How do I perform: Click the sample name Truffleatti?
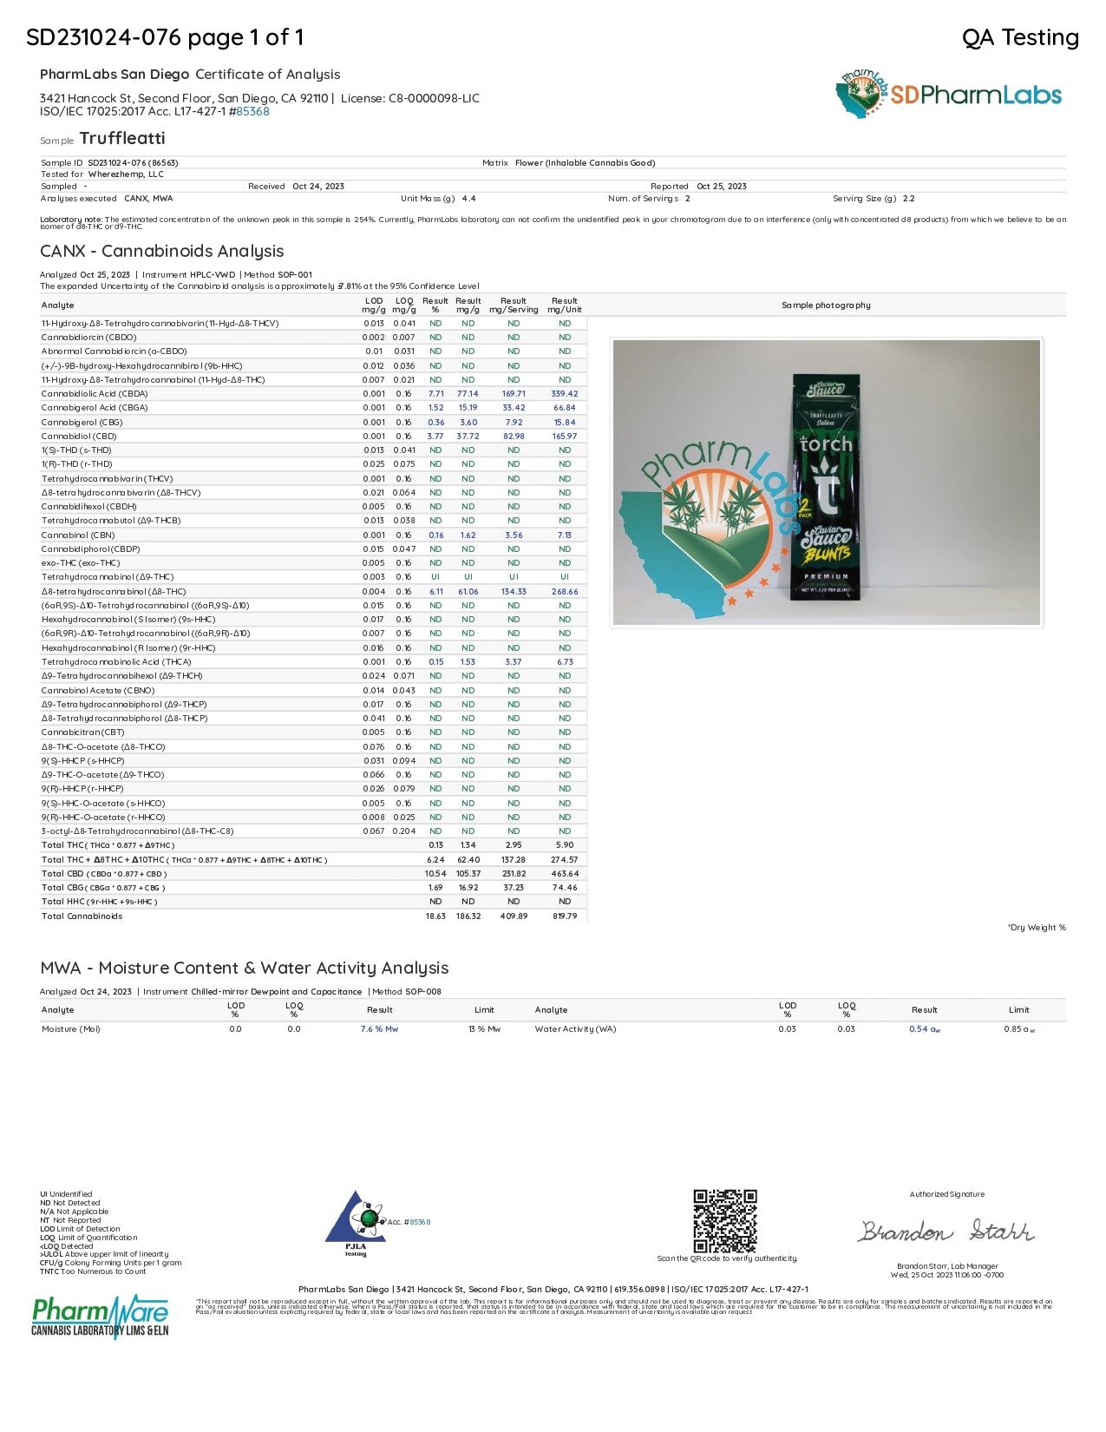[121, 139]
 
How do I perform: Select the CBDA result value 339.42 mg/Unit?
[564, 394]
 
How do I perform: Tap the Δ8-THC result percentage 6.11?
[435, 592]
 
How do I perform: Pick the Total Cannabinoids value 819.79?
[564, 916]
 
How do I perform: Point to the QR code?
[725, 1221]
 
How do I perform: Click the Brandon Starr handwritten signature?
[946, 1232]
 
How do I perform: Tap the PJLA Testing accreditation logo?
[356, 1224]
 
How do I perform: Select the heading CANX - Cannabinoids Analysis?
[161, 252]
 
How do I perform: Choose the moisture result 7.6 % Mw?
[379, 1029]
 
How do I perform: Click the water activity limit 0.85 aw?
[1018, 1029]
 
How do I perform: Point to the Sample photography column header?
[825, 305]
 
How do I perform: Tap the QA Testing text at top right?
[1020, 37]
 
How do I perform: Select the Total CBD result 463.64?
[564, 874]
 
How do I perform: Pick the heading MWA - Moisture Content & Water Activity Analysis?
[244, 969]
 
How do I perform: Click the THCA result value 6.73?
[565, 662]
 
